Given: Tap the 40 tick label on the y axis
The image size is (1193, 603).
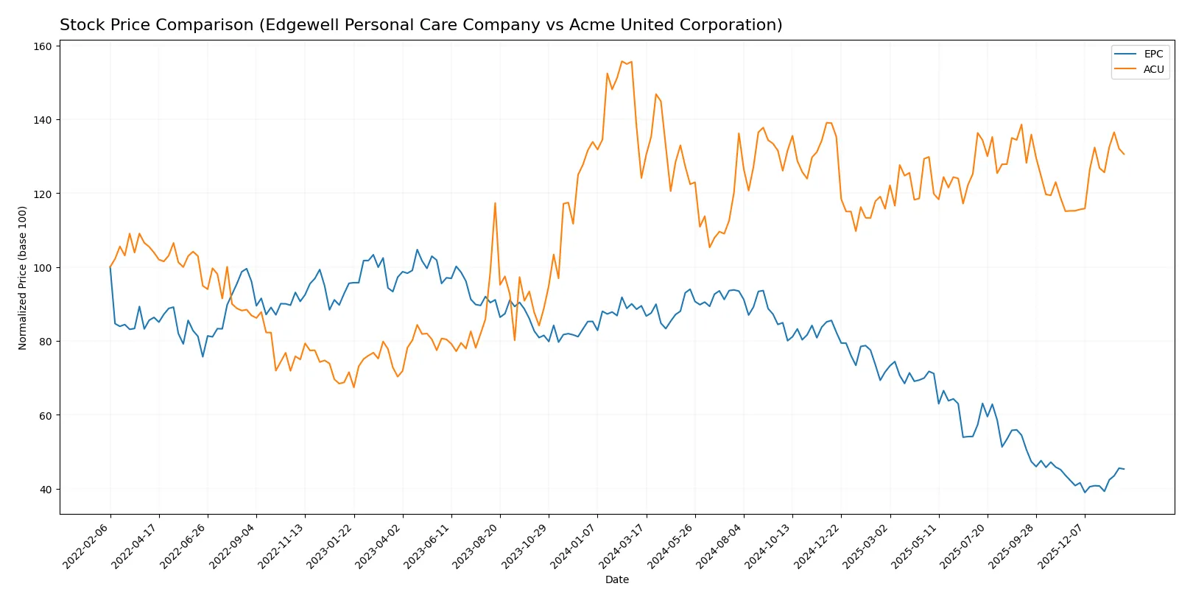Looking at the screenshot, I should click(46, 490).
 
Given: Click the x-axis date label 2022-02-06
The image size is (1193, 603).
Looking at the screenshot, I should click(87, 546).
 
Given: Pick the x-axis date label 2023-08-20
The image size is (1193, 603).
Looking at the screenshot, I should click(476, 546).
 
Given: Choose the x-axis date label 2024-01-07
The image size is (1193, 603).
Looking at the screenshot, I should click(574, 546).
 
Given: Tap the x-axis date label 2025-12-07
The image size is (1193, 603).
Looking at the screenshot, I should click(1061, 546).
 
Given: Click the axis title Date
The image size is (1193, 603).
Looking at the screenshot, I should click(616, 580).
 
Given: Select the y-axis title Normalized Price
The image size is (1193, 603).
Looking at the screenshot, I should click(23, 278).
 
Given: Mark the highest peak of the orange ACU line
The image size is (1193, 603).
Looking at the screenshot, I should click(622, 61).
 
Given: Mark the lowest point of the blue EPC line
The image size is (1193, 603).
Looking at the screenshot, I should click(1085, 492).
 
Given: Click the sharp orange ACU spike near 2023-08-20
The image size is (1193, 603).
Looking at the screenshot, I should click(495, 203).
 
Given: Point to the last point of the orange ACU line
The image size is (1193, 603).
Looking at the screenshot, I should click(1124, 155).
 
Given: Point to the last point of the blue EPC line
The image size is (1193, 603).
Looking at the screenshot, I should click(1124, 469).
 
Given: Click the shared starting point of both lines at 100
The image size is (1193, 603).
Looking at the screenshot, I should click(110, 267).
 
